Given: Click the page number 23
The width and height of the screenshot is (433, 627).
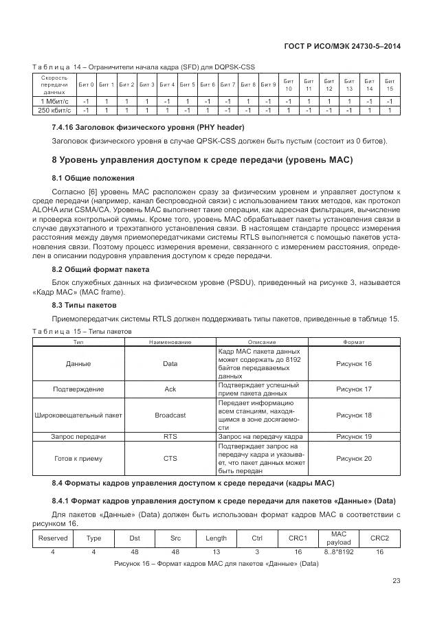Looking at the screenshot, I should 396,581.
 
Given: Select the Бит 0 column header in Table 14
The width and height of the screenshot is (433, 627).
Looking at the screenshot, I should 86,84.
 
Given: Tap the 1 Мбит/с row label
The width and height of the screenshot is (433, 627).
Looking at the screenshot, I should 54,101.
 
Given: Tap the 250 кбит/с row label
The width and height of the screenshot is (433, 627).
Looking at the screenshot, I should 54,109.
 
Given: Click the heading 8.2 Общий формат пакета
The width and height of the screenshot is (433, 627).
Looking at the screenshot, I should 100,269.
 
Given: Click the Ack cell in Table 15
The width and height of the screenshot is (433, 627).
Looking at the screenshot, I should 170,389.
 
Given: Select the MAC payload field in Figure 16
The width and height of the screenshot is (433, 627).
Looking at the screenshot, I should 338,538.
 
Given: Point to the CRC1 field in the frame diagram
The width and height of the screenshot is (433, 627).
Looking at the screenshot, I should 298,538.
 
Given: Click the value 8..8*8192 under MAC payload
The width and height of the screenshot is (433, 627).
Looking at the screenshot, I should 338,551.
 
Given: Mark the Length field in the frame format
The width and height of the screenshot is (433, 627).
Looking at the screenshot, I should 216,538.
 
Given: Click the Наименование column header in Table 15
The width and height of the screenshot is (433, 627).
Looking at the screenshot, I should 170,341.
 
